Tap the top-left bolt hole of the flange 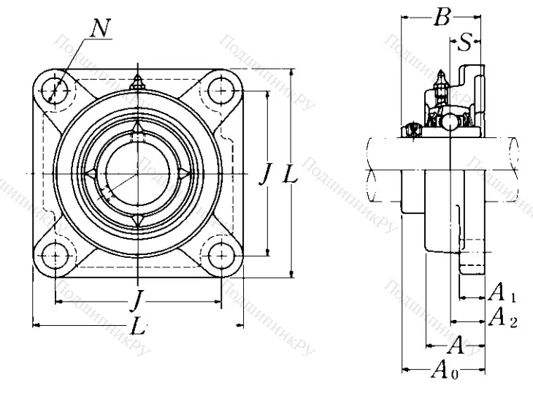tap(55, 90)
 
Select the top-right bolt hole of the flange tap(220, 91)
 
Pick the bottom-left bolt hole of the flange tap(55, 256)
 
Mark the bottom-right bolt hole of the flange tap(220, 256)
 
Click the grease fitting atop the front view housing tap(137, 83)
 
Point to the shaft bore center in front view tap(137, 173)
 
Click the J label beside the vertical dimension tap(266, 174)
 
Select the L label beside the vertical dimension tap(289, 174)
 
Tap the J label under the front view tap(136, 299)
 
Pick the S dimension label tap(464, 43)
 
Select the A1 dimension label tap(502, 294)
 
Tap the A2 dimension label tap(502, 317)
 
